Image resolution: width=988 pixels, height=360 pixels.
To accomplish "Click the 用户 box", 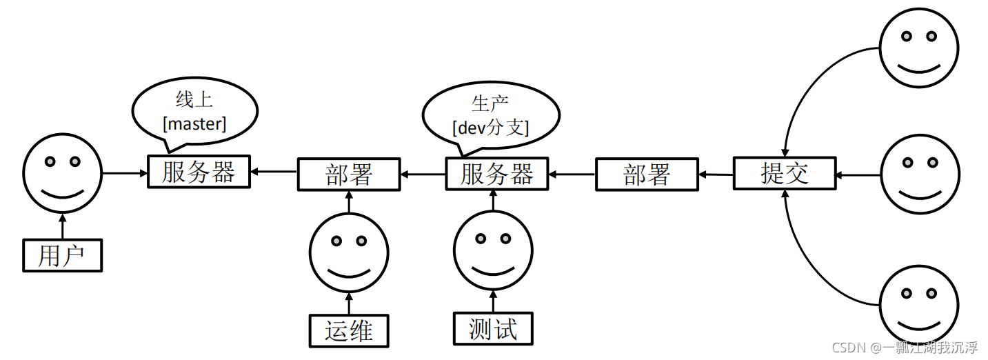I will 62,255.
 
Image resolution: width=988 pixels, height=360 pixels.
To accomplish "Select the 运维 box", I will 349,330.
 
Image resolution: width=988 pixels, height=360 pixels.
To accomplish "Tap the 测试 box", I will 493,328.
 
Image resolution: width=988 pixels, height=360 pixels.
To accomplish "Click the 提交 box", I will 784,172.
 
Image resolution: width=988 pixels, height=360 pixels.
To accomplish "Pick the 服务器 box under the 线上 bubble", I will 199,171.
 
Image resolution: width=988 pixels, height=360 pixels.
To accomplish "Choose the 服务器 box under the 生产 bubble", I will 497,173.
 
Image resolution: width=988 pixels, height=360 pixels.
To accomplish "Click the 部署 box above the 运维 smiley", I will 349,174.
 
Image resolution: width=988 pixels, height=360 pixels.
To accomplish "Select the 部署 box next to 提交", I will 647,174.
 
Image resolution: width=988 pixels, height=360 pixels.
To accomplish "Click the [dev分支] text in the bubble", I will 490,127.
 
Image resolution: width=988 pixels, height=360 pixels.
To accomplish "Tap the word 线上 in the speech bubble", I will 194,101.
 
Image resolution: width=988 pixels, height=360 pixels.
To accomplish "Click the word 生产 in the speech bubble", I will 490,103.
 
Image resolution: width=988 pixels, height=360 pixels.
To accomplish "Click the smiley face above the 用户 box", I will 62,172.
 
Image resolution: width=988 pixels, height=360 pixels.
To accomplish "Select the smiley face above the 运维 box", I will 349,252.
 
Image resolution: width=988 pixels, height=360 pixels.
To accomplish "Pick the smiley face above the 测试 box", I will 493,250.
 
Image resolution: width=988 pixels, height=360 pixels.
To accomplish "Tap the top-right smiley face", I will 919,48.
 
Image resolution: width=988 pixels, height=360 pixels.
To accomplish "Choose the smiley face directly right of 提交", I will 919,174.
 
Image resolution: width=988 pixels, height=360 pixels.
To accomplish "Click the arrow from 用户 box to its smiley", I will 62,226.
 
